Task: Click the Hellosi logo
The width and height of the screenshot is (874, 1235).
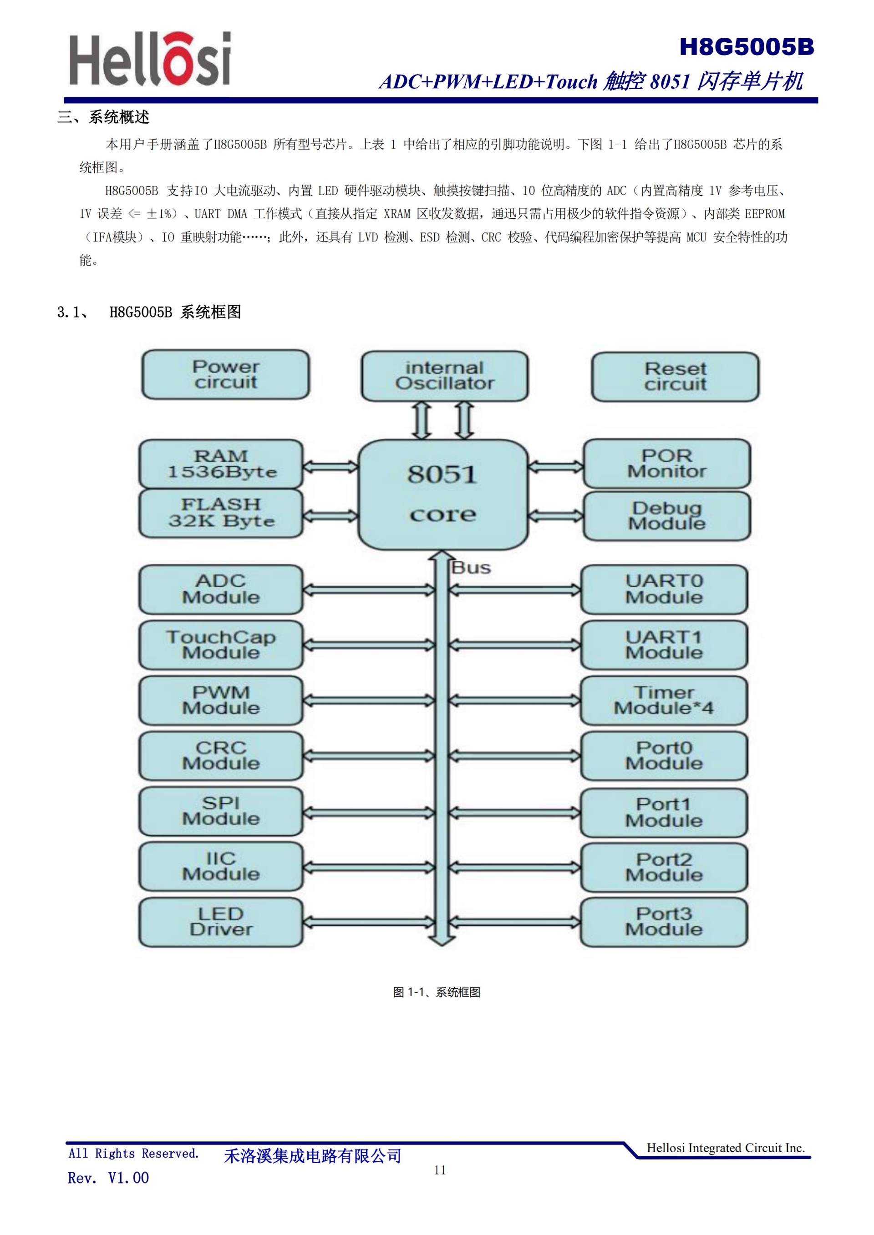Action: click(150, 59)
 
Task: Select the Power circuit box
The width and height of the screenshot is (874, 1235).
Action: click(225, 374)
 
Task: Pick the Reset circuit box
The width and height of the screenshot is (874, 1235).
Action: click(675, 377)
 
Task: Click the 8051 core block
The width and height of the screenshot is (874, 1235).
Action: click(442, 494)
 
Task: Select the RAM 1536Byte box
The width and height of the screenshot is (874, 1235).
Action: click(221, 464)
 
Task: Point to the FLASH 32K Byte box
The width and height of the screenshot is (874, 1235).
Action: click(221, 513)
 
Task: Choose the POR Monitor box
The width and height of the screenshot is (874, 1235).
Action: click(666, 464)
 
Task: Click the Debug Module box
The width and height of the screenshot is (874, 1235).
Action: click(666, 515)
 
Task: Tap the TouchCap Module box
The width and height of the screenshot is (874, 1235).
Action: click(221, 645)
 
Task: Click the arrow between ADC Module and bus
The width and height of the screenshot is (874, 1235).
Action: click(369, 590)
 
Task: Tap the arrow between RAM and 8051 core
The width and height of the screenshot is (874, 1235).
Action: click(330, 467)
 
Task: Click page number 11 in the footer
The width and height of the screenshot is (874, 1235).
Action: click(440, 1170)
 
